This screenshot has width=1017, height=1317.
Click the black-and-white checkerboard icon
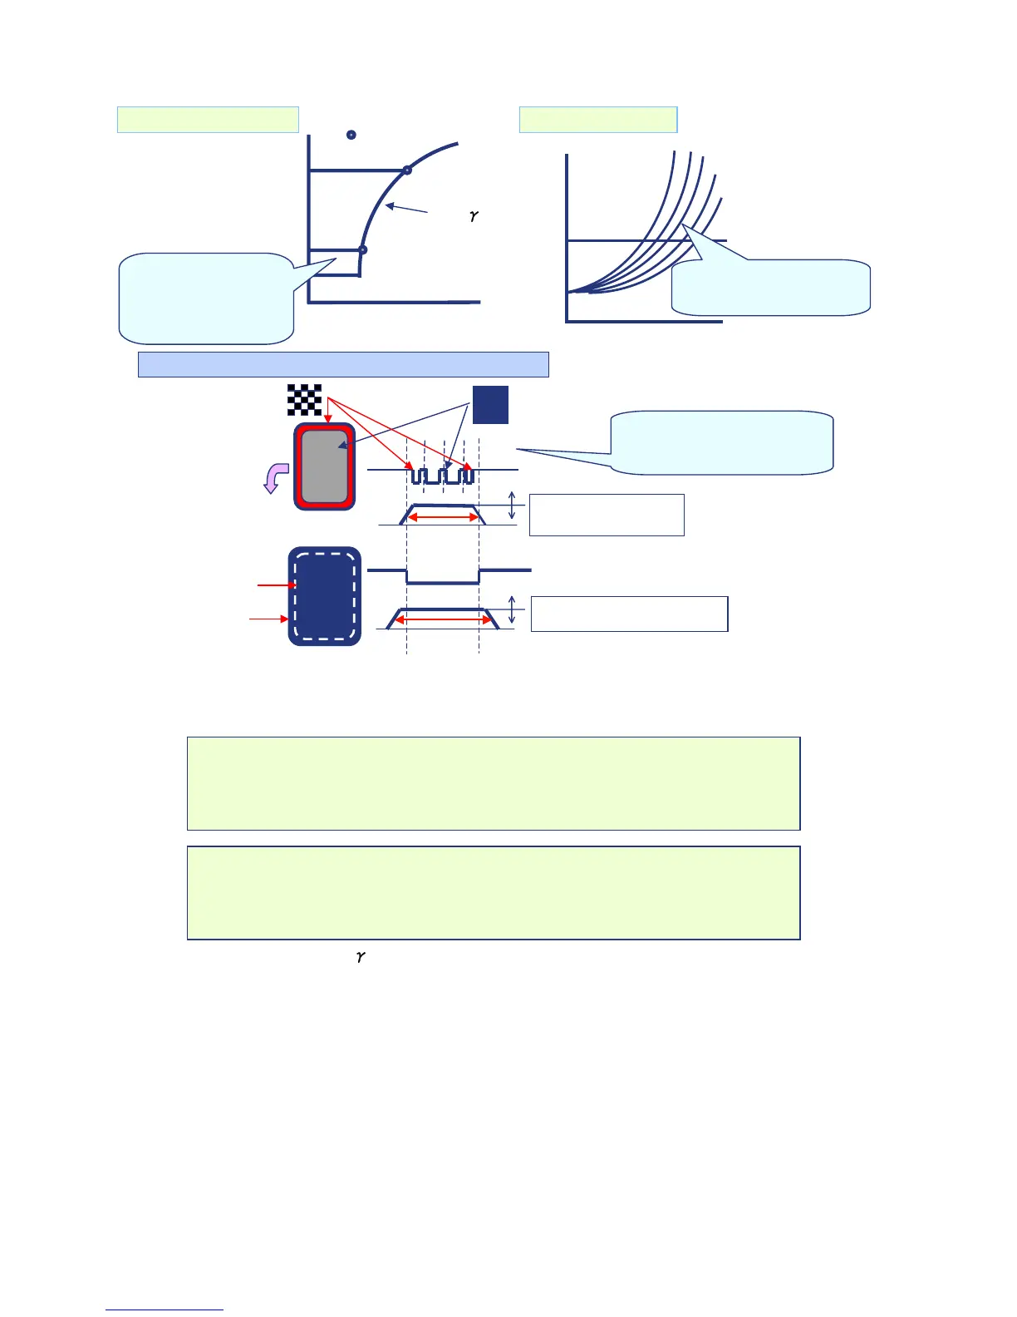click(304, 400)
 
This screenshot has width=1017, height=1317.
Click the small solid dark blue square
click(490, 405)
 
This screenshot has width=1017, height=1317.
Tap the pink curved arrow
click(275, 478)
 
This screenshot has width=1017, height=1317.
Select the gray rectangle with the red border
click(325, 466)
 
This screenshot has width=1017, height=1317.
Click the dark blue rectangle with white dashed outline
click(325, 596)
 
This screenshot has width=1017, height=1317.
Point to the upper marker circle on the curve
click(407, 170)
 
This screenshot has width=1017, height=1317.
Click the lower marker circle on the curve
click(362, 249)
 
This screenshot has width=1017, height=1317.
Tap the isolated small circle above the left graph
click(351, 135)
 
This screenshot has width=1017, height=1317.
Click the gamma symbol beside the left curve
click(474, 216)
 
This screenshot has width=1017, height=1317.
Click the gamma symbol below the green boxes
click(361, 957)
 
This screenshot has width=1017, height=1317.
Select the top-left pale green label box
click(208, 120)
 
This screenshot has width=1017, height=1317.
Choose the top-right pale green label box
click(598, 120)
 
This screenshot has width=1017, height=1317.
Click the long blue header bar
click(343, 364)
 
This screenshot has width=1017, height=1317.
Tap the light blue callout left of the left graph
click(206, 298)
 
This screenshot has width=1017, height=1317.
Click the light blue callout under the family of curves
click(770, 288)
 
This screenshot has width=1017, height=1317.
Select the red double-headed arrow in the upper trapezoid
click(445, 518)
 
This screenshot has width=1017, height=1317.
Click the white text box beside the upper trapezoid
click(607, 515)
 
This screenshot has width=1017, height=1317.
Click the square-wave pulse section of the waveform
click(443, 476)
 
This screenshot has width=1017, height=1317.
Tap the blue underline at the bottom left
click(165, 1310)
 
